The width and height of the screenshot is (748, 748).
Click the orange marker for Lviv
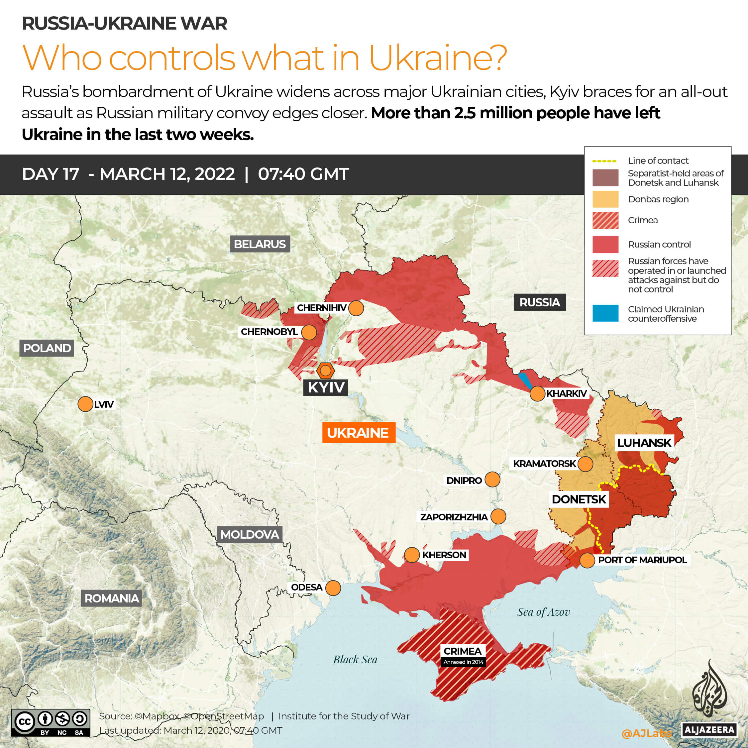(x=85, y=404)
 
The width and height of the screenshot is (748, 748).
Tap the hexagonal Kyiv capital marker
(x=325, y=371)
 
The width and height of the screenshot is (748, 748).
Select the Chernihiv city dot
(x=356, y=308)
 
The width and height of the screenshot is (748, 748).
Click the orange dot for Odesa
(x=333, y=588)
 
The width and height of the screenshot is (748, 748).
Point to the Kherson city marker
(x=412, y=555)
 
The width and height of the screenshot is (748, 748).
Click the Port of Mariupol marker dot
(x=587, y=560)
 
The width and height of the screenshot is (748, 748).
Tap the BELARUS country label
(x=260, y=244)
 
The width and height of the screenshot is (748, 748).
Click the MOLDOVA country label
(x=249, y=535)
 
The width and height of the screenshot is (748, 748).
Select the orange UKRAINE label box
(x=359, y=432)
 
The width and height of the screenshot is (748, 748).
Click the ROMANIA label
(x=112, y=598)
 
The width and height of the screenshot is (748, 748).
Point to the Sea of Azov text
(x=544, y=612)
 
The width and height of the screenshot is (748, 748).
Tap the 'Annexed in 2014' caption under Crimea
(x=464, y=662)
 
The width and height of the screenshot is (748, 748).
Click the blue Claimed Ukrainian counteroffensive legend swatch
(x=605, y=313)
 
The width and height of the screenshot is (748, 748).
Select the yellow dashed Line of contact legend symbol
(x=604, y=161)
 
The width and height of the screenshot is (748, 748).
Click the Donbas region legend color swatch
(x=605, y=199)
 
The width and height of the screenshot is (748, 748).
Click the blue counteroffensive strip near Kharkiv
(x=525, y=380)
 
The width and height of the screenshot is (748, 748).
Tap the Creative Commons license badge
(x=51, y=722)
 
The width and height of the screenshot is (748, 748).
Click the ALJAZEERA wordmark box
(x=709, y=730)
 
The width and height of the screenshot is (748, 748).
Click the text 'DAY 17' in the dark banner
(x=51, y=174)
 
